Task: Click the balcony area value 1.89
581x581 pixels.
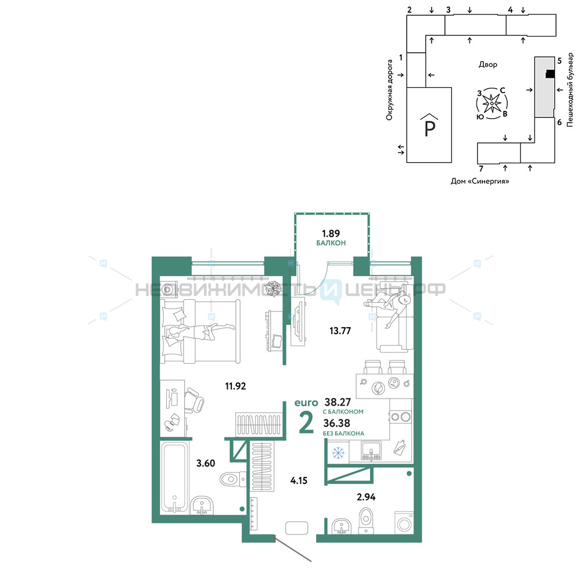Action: pyautogui.click(x=331, y=234)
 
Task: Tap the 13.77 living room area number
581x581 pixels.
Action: pyautogui.click(x=340, y=331)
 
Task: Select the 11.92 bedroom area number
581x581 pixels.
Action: pyautogui.click(x=236, y=386)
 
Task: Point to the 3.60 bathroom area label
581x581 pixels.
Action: pyautogui.click(x=206, y=463)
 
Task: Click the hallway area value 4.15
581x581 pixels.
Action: pyautogui.click(x=299, y=480)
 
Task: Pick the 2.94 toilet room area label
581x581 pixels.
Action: pyautogui.click(x=366, y=497)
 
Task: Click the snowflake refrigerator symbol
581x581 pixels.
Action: pyautogui.click(x=338, y=453)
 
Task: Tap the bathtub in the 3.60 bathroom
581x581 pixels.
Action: pyautogui.click(x=174, y=478)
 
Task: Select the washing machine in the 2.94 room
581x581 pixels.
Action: pyautogui.click(x=404, y=522)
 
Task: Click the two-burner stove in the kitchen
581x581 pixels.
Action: pyautogui.click(x=400, y=417)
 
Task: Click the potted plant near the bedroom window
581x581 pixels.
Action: pyautogui.click(x=275, y=288)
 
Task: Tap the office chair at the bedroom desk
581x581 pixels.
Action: pyautogui.click(x=194, y=400)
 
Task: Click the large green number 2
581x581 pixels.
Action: pyautogui.click(x=306, y=422)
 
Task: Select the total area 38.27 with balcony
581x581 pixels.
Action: pyautogui.click(x=338, y=401)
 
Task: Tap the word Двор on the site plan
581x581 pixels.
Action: pyautogui.click(x=488, y=64)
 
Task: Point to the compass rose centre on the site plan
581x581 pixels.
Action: pyautogui.click(x=492, y=103)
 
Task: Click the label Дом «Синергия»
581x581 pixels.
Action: pyautogui.click(x=480, y=181)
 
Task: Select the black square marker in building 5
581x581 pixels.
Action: pyautogui.click(x=550, y=74)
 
